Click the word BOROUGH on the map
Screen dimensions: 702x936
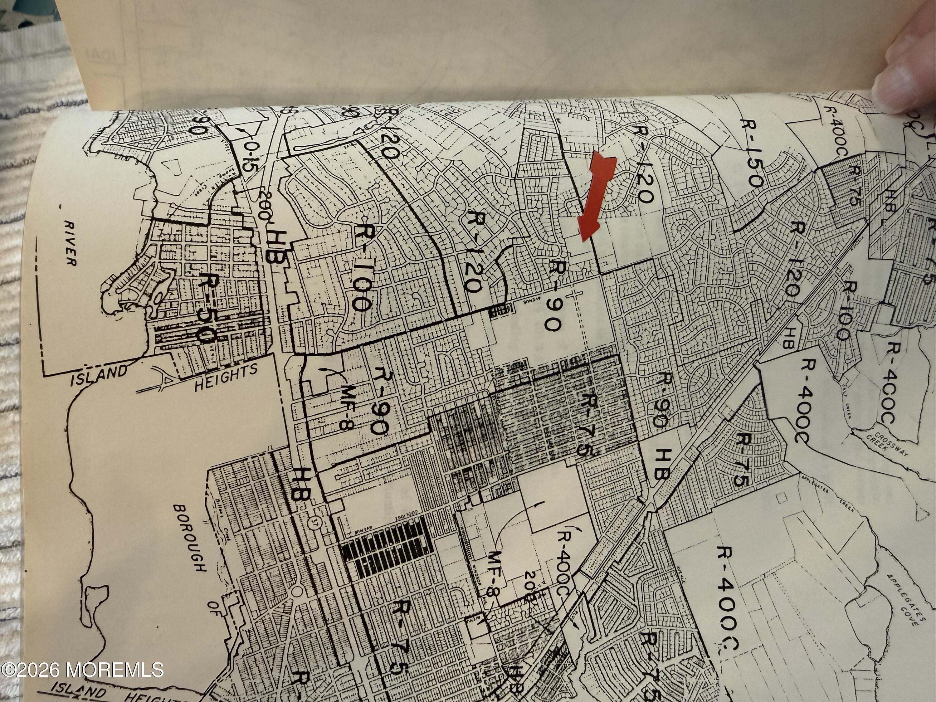190,537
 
